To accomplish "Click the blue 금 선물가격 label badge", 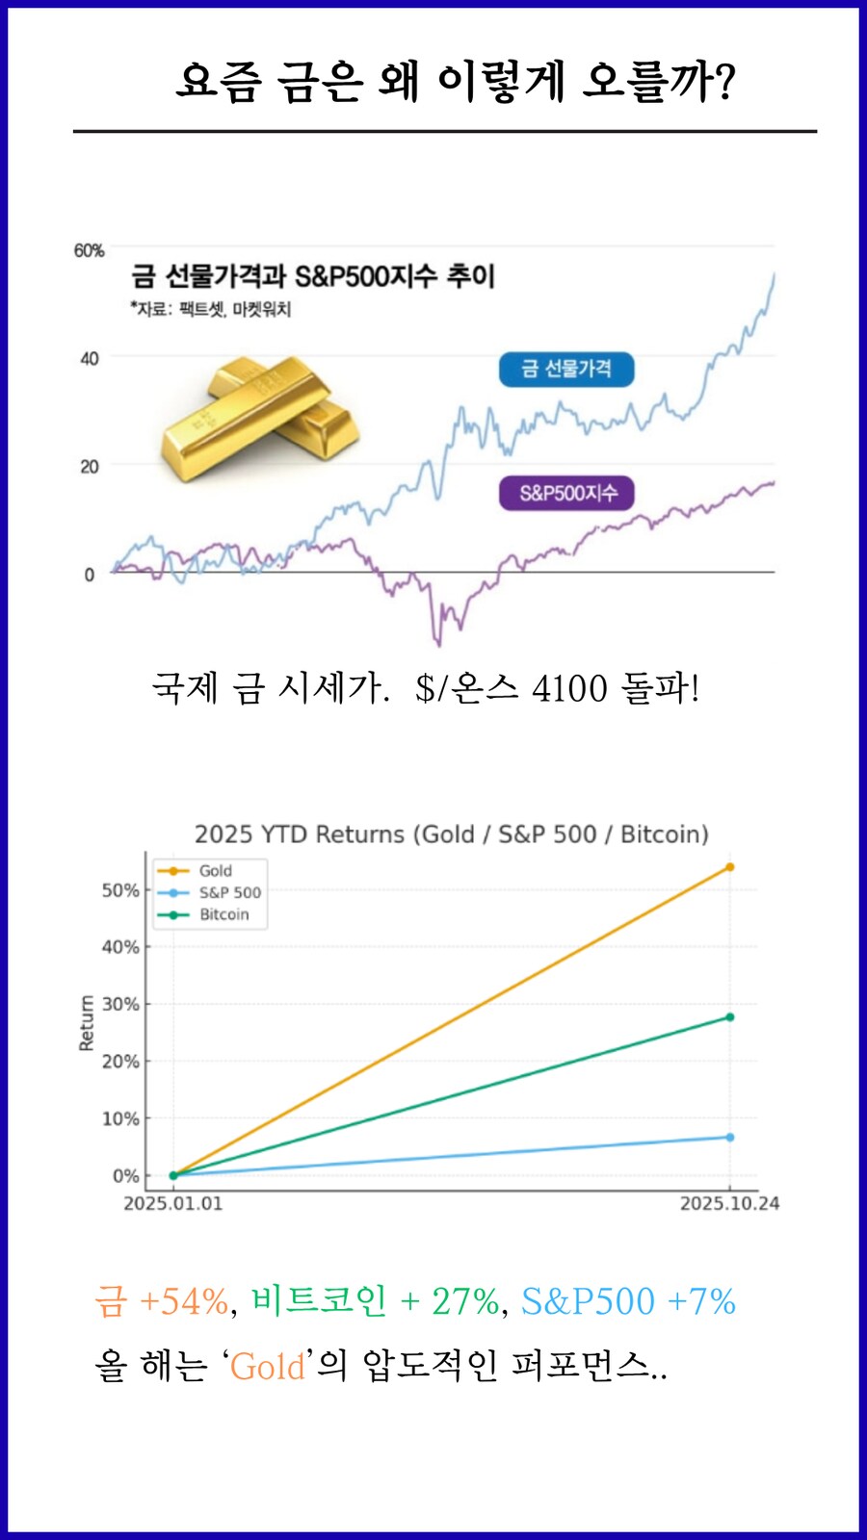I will click(566, 369).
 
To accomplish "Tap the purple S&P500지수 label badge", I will click(567, 494).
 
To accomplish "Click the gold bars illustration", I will click(258, 417).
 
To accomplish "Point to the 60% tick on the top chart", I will click(89, 250).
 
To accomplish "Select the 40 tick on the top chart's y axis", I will click(89, 359).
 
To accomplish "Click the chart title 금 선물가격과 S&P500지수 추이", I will click(313, 276).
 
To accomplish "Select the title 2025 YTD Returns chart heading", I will click(451, 834).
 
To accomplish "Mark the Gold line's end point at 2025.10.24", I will click(729, 867).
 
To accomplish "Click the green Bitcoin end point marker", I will click(729, 1017).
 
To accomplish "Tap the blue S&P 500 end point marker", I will click(729, 1138).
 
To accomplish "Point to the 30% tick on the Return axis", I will click(120, 1004).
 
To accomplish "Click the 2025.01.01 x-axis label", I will click(172, 1203).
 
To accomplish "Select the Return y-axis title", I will click(87, 1022).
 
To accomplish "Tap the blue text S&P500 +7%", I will click(628, 1301).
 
